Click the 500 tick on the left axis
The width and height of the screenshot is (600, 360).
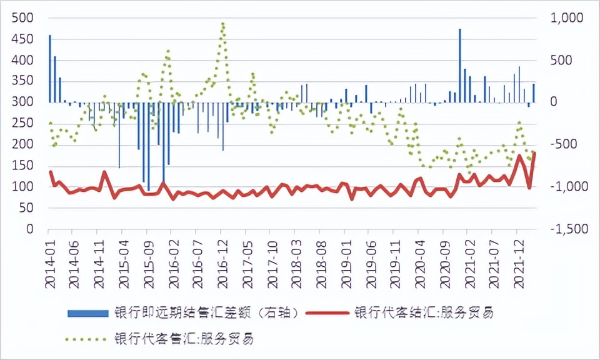click(23, 18)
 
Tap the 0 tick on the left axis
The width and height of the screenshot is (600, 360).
click(29, 229)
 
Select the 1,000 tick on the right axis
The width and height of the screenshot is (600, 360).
click(566, 18)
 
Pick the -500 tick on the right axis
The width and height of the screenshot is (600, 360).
click(569, 144)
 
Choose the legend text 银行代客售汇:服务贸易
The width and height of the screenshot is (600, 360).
click(184, 339)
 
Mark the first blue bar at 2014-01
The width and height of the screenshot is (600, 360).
click(50, 69)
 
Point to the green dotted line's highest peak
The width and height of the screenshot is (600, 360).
click(222, 24)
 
